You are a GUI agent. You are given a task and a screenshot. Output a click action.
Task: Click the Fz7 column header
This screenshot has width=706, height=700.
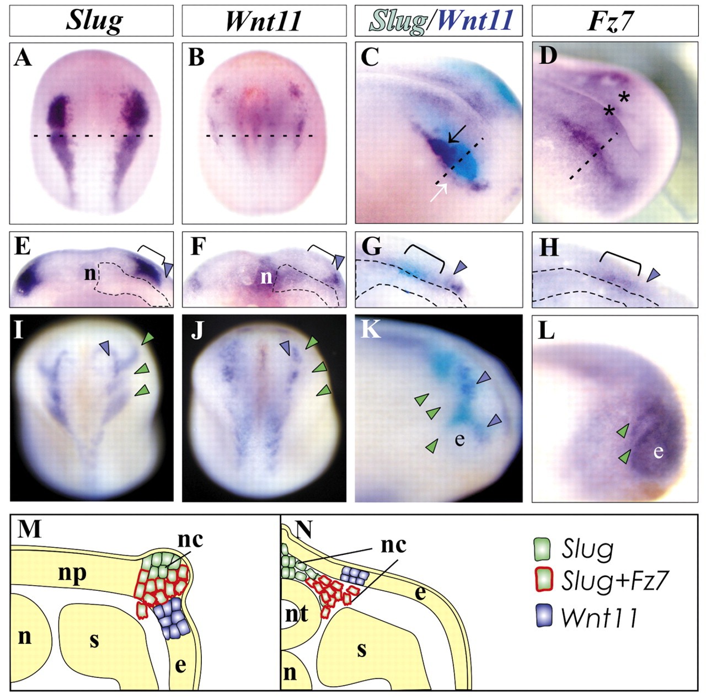tap(611, 21)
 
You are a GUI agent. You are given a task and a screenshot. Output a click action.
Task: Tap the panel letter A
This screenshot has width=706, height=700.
tap(23, 57)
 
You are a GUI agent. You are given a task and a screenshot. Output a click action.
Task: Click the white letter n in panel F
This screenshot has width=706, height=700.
tap(266, 276)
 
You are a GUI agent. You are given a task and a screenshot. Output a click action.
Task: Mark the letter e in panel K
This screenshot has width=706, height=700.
tap(459, 439)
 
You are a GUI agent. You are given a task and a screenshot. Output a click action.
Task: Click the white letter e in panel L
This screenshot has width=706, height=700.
tap(657, 451)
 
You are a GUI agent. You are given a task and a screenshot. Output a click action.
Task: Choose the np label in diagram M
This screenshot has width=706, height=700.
tap(72, 573)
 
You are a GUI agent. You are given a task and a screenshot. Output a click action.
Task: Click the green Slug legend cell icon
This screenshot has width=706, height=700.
tap(544, 548)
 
